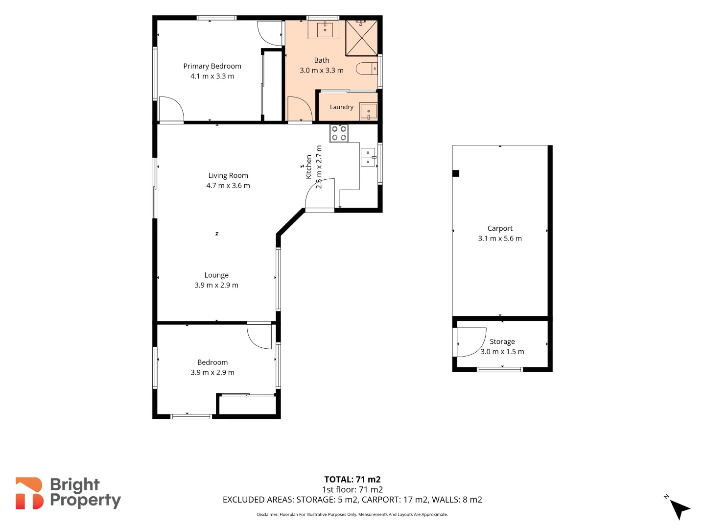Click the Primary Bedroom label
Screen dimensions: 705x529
212,66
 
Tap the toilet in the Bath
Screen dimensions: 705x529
367,69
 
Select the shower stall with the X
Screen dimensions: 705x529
361,38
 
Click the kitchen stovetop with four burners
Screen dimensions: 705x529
339,133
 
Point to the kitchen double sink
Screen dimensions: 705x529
368,157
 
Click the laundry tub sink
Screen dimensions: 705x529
368,111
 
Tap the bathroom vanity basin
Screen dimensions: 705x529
324,29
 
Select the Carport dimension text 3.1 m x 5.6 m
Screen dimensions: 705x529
500,239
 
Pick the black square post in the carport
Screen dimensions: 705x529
456,173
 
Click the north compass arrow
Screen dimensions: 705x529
680,509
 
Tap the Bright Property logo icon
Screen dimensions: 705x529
29,493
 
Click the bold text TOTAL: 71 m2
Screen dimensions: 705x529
352,480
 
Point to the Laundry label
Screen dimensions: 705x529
341,107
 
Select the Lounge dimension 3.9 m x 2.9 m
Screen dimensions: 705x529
216,285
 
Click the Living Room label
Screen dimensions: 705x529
228,175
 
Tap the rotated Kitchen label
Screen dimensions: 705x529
308,167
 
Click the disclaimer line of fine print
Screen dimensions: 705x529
352,514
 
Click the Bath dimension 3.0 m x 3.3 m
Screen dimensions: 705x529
322,71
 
